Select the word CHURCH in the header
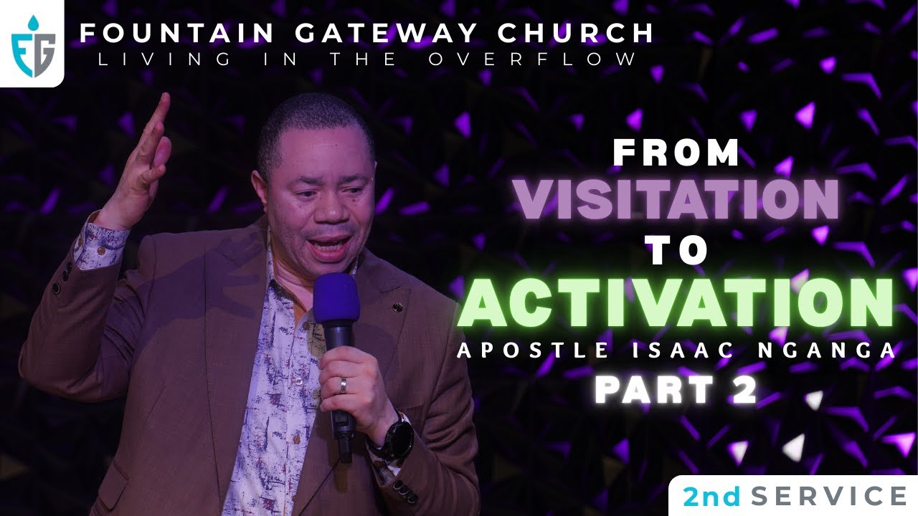597,33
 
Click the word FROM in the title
676,153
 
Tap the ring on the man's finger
344,386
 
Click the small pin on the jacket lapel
397,307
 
